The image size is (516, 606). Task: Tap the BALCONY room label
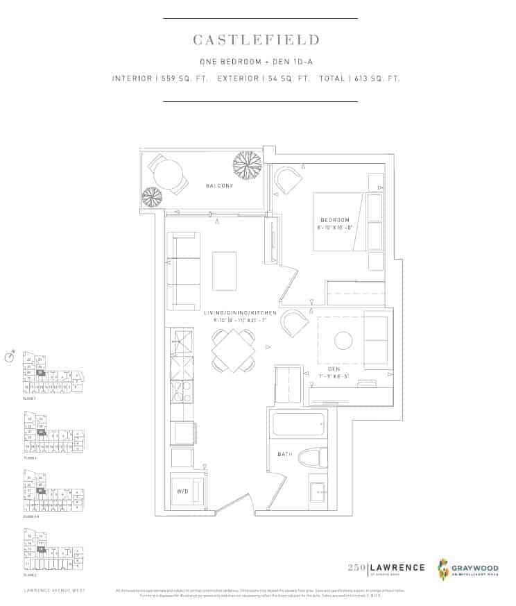[x=219, y=186]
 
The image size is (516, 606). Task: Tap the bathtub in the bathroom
[x=299, y=424]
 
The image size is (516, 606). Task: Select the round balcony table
[x=167, y=174]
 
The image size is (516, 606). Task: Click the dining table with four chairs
[x=233, y=350]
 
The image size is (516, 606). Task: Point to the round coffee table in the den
[x=343, y=340]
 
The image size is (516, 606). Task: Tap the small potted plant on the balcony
[x=152, y=197]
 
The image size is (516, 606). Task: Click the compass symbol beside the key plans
[x=10, y=357]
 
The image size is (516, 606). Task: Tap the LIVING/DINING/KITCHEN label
[x=240, y=313]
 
